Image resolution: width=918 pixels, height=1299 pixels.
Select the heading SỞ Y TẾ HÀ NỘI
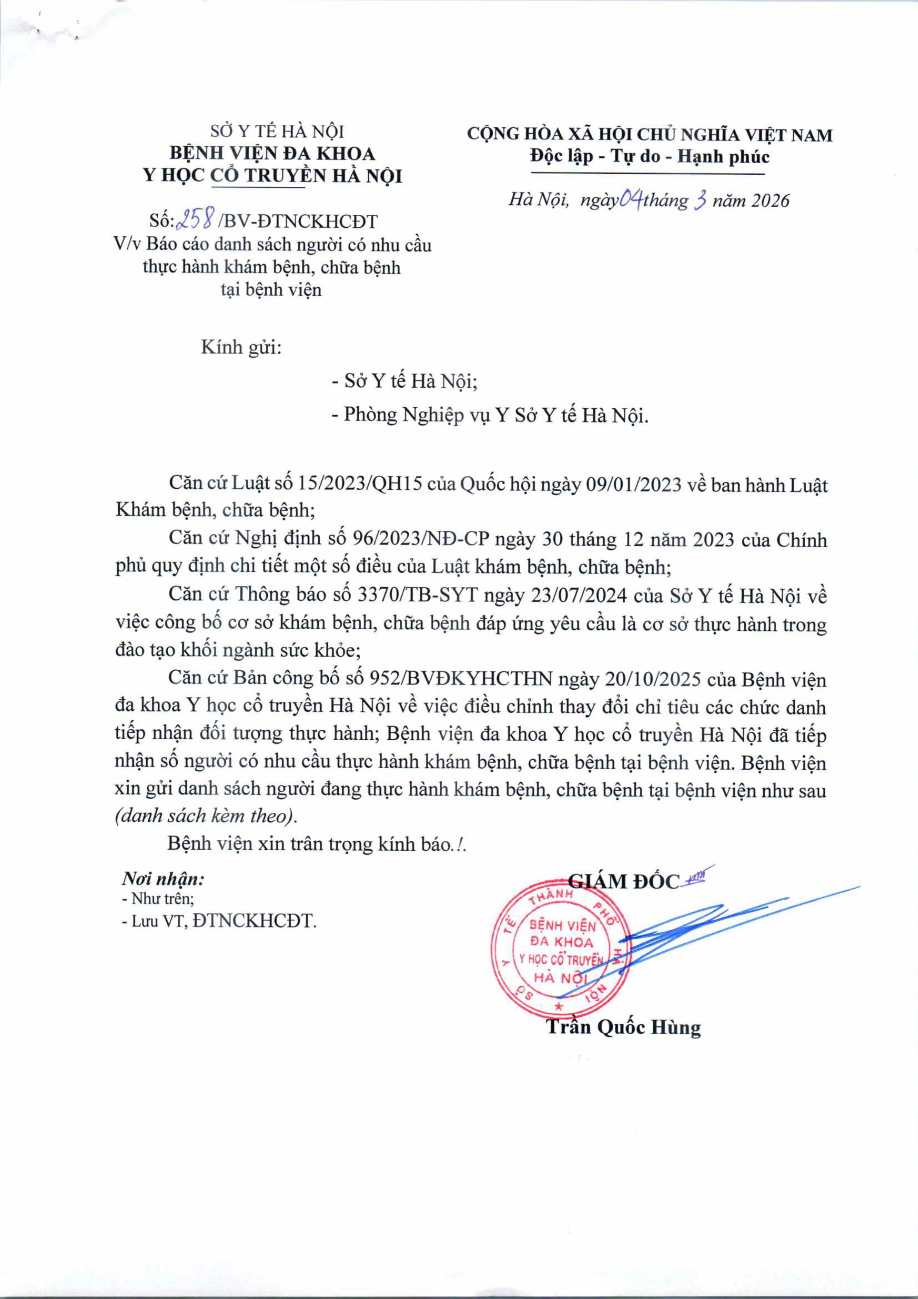point(277,132)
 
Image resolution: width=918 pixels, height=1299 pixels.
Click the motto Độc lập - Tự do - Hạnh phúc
point(649,156)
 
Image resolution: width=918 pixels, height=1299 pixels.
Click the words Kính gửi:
point(241,347)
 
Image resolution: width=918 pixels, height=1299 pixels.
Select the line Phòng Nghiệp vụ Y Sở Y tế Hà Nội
point(496,416)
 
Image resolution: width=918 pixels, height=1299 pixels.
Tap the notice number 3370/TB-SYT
point(419,595)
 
